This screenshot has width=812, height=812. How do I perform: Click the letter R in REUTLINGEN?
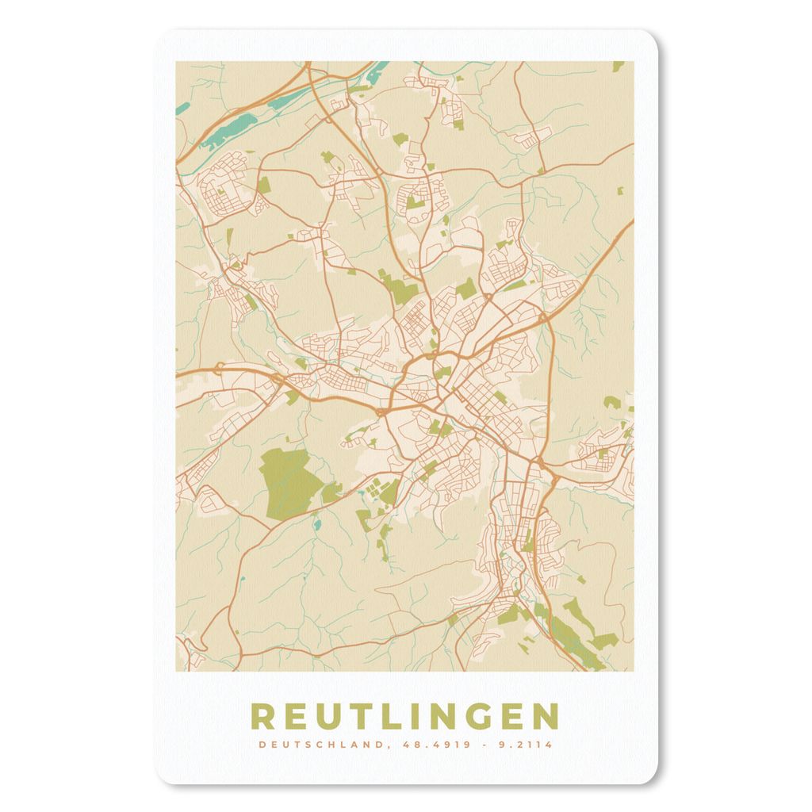click(264, 717)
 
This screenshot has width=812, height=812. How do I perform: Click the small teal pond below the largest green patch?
click(317, 524)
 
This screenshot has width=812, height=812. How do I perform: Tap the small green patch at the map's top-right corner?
click(617, 67)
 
